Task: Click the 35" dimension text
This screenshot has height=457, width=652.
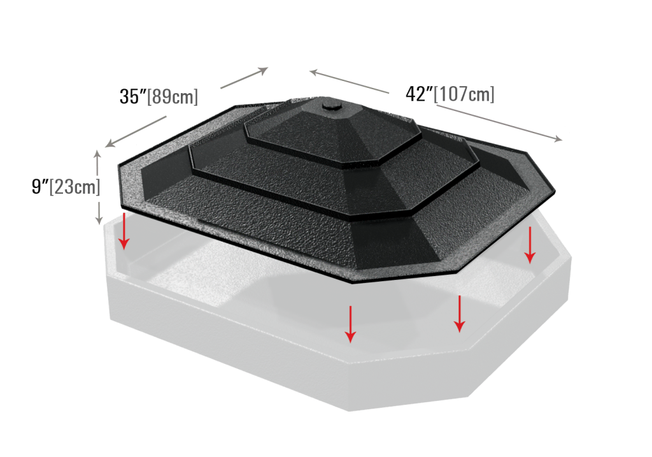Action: (x=133, y=96)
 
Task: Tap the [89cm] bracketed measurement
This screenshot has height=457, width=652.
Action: (x=173, y=96)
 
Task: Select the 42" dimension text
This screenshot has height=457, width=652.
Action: (x=419, y=94)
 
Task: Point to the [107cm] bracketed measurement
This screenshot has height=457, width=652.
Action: (x=464, y=94)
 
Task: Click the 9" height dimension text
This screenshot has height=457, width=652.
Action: (x=40, y=186)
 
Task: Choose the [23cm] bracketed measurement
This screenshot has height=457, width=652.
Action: (x=75, y=187)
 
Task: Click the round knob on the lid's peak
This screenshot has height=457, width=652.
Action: (x=332, y=104)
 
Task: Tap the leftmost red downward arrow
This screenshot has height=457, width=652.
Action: (x=124, y=231)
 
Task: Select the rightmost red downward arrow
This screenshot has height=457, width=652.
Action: (x=530, y=245)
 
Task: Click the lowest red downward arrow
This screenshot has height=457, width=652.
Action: (x=351, y=324)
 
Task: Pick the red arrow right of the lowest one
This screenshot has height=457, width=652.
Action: (x=459, y=314)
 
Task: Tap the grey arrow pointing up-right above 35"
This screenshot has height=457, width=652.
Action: (x=244, y=78)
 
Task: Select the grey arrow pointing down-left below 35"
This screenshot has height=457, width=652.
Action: (x=136, y=131)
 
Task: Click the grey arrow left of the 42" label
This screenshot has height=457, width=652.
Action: (x=350, y=82)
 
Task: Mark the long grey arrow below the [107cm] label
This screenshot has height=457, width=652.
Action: (x=499, y=124)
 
